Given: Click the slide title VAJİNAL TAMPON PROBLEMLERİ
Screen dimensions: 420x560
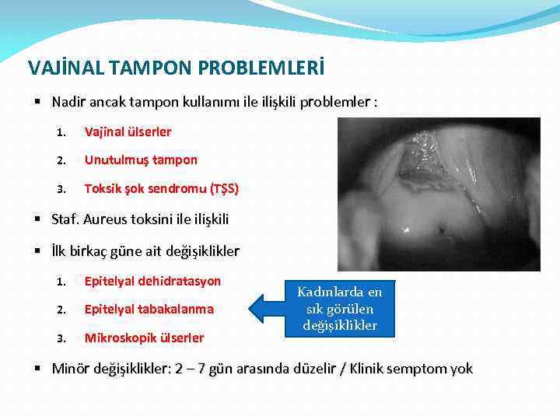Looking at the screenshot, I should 176,68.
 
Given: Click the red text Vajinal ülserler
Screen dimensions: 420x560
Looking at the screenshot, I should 128,131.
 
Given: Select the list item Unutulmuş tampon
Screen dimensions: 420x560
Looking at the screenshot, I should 141,159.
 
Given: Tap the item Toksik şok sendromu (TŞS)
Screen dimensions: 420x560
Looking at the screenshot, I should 161,188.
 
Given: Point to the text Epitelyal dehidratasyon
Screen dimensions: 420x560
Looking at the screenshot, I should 152,281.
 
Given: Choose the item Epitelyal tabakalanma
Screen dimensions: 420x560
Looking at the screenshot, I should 149,309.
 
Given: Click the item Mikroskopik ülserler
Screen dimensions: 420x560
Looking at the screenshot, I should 144,338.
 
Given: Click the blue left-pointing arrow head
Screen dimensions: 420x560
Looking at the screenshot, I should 260,309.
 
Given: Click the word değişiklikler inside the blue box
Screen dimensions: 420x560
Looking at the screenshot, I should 339,325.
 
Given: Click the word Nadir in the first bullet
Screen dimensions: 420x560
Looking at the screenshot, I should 68,102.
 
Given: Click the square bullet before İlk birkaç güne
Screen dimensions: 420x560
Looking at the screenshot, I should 39,251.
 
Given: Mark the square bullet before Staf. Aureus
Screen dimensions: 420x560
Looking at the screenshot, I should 39,219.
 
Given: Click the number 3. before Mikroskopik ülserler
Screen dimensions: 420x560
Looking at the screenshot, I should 61,338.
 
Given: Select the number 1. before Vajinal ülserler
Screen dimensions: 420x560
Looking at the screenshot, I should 61,132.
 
